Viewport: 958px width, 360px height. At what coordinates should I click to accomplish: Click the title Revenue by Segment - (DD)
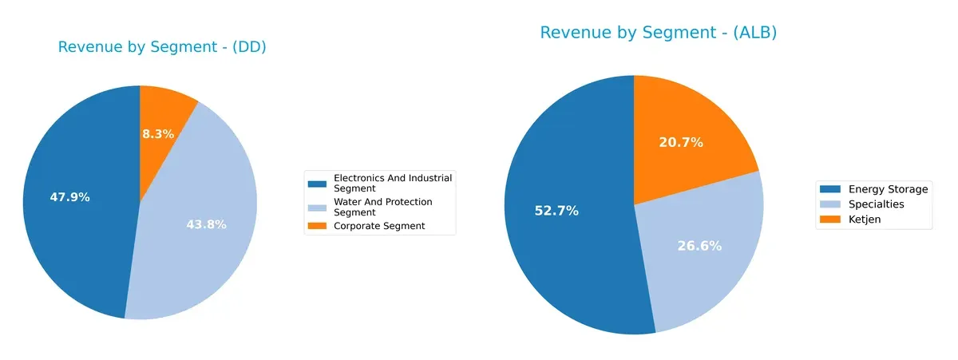coord(162,47)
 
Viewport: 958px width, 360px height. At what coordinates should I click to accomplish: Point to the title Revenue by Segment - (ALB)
coord(658,33)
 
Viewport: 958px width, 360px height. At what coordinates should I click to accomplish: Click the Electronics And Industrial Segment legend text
coord(393,183)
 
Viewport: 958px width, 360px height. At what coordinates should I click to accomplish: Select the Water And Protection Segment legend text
coord(383,208)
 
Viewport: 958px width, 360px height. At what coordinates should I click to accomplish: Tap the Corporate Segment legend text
coord(379,226)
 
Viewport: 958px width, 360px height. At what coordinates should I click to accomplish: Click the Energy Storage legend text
coord(888,189)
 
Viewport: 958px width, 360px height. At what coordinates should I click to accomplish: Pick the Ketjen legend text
coord(865,220)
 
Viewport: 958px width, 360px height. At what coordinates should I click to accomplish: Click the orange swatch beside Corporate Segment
coord(318,227)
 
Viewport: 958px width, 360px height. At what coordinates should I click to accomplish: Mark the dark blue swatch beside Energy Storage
coord(830,189)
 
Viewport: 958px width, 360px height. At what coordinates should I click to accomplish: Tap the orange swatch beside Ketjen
coord(830,220)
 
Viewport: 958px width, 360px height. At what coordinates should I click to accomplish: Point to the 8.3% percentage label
coord(158,134)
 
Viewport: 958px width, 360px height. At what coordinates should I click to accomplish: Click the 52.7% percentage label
coord(556,211)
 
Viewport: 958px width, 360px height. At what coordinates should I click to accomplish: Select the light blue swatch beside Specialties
coord(830,204)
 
